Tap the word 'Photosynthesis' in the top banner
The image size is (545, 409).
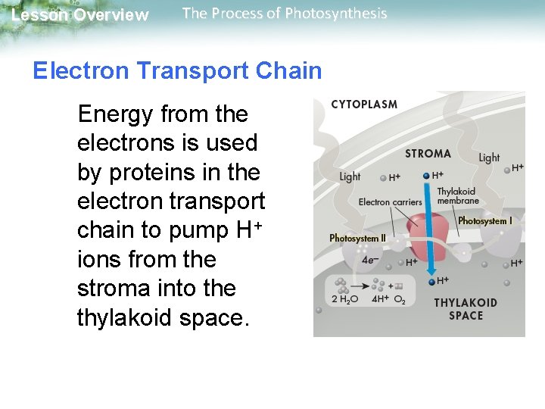[x=338, y=14]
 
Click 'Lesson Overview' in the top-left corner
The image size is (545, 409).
[x=80, y=15]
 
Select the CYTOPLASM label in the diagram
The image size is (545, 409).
[x=364, y=105]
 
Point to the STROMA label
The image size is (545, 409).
[x=428, y=154]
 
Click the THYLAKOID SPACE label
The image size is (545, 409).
[x=466, y=309]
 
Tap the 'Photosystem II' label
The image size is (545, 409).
[x=357, y=238]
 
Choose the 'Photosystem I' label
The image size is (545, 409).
[x=484, y=221]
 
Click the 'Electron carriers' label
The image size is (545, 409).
[x=390, y=202]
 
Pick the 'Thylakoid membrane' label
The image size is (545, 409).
[x=458, y=196]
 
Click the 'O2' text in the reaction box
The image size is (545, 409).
[x=401, y=301]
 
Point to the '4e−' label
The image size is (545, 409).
[x=371, y=260]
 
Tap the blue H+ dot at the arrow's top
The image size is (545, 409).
[x=427, y=176]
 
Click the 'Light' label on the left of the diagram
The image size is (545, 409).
[x=350, y=176]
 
